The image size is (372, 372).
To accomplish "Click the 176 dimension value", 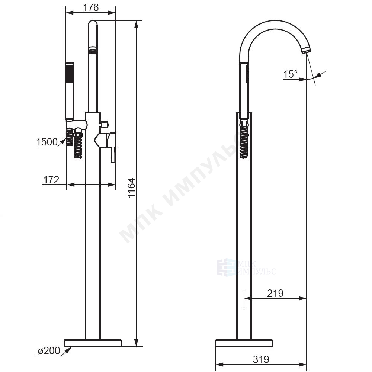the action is point(91,8).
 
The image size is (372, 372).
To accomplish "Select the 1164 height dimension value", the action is point(131,187).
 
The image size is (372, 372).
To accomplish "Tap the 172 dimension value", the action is point(51,180).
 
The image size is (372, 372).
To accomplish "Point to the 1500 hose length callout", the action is point(47,142).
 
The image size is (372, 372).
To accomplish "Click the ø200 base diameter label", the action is point(49,351).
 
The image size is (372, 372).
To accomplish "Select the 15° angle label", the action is point(290,74).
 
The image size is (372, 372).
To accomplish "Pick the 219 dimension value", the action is point(275,294).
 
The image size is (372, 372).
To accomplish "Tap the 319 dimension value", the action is point(261,359).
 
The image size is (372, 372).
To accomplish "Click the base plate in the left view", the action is point(93,343).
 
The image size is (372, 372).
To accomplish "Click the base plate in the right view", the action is point(244,343).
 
